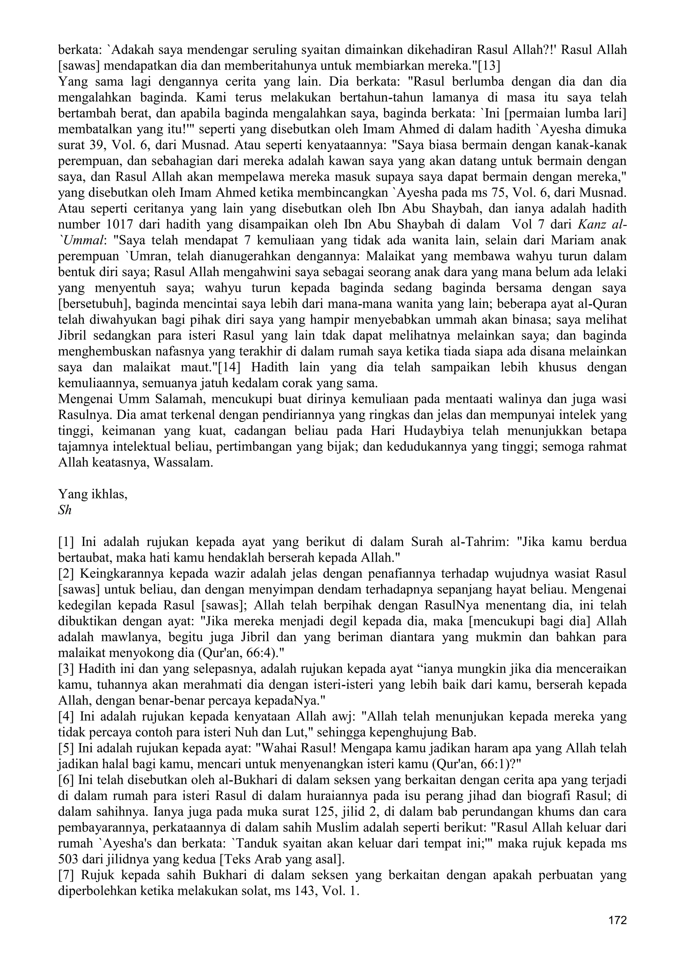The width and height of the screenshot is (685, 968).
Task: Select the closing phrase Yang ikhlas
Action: pos(92,494)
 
